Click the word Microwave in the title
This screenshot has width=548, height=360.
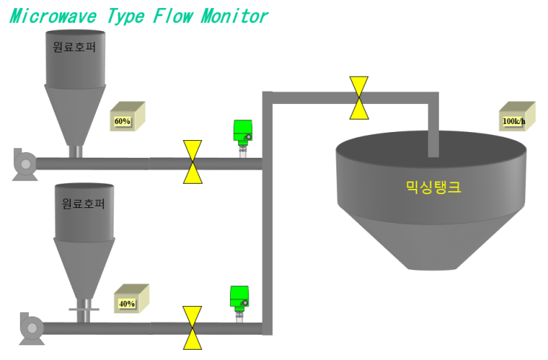(53, 16)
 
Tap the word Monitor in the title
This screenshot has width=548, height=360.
(235, 16)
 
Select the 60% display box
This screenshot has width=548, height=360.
(128, 117)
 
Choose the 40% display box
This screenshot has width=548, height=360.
(132, 299)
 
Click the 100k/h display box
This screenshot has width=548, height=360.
(517, 117)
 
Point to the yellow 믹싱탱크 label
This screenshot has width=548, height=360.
(434, 187)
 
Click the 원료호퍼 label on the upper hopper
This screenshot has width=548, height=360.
(74, 46)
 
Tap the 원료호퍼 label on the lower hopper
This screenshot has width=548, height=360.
(83, 203)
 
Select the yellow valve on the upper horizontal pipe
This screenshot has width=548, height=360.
(193, 162)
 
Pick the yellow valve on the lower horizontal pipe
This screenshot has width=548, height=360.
(193, 328)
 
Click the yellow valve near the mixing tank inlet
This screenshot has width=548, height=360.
(359, 98)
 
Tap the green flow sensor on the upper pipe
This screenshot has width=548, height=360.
(243, 139)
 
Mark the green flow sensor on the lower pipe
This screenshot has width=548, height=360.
(240, 304)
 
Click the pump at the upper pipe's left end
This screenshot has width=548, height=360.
(25, 165)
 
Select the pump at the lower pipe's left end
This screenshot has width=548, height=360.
(32, 328)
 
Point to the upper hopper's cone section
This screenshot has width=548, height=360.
(75, 115)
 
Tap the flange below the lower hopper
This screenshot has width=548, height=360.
(84, 309)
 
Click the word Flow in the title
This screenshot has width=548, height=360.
(173, 16)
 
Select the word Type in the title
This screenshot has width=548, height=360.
(126, 17)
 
